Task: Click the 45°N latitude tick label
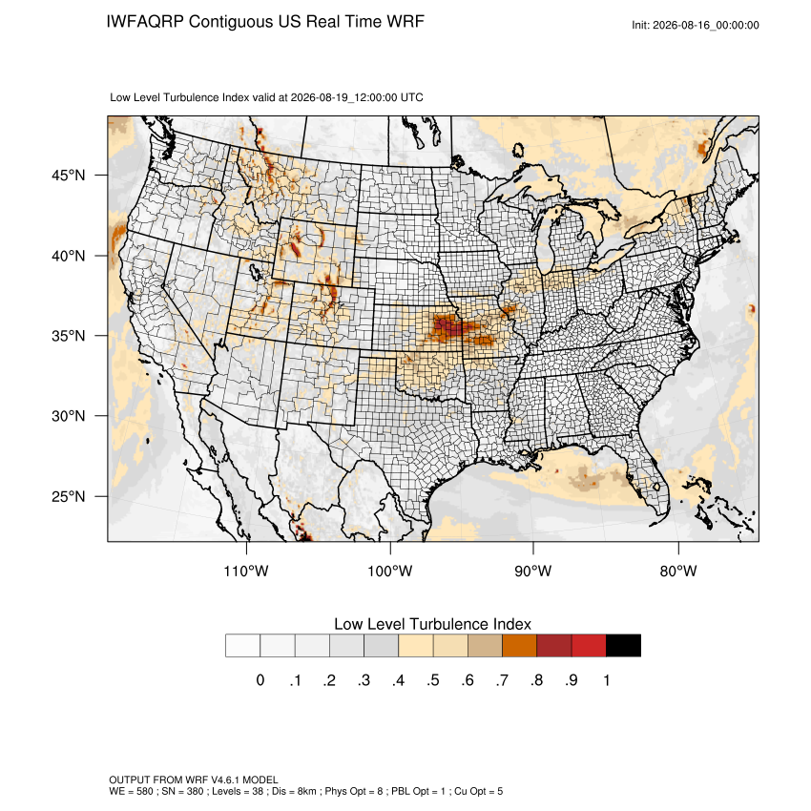(68, 176)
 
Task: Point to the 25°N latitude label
(68, 496)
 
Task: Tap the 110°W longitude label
(246, 571)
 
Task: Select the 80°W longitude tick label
(678, 571)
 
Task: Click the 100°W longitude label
(390, 571)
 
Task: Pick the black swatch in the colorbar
(623, 646)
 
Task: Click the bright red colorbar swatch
(589, 646)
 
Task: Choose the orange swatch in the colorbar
(519, 646)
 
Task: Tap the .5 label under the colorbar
(433, 680)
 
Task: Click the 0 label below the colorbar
(260, 680)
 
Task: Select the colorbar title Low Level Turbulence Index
(432, 624)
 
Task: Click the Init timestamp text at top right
(696, 25)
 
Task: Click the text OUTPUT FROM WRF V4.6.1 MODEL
(194, 780)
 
